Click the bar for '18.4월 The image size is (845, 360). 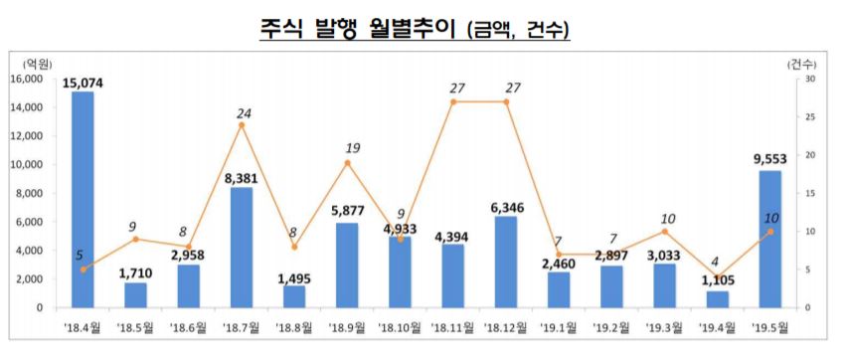coord(83,199)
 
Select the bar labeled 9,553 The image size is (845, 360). coord(769,239)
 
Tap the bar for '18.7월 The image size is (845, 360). coord(242,248)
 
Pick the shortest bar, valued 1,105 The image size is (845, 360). coord(716,298)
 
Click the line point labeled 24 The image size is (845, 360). coord(242,124)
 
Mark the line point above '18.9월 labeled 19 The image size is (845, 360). coord(347,162)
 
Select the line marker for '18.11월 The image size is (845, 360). coord(452,101)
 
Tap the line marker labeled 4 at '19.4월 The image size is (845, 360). coord(716,276)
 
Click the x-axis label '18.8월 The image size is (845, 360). coord(294,326)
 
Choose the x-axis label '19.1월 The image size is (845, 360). coord(558,326)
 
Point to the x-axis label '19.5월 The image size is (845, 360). coord(769,326)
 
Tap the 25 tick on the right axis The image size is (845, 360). coord(810,117)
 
